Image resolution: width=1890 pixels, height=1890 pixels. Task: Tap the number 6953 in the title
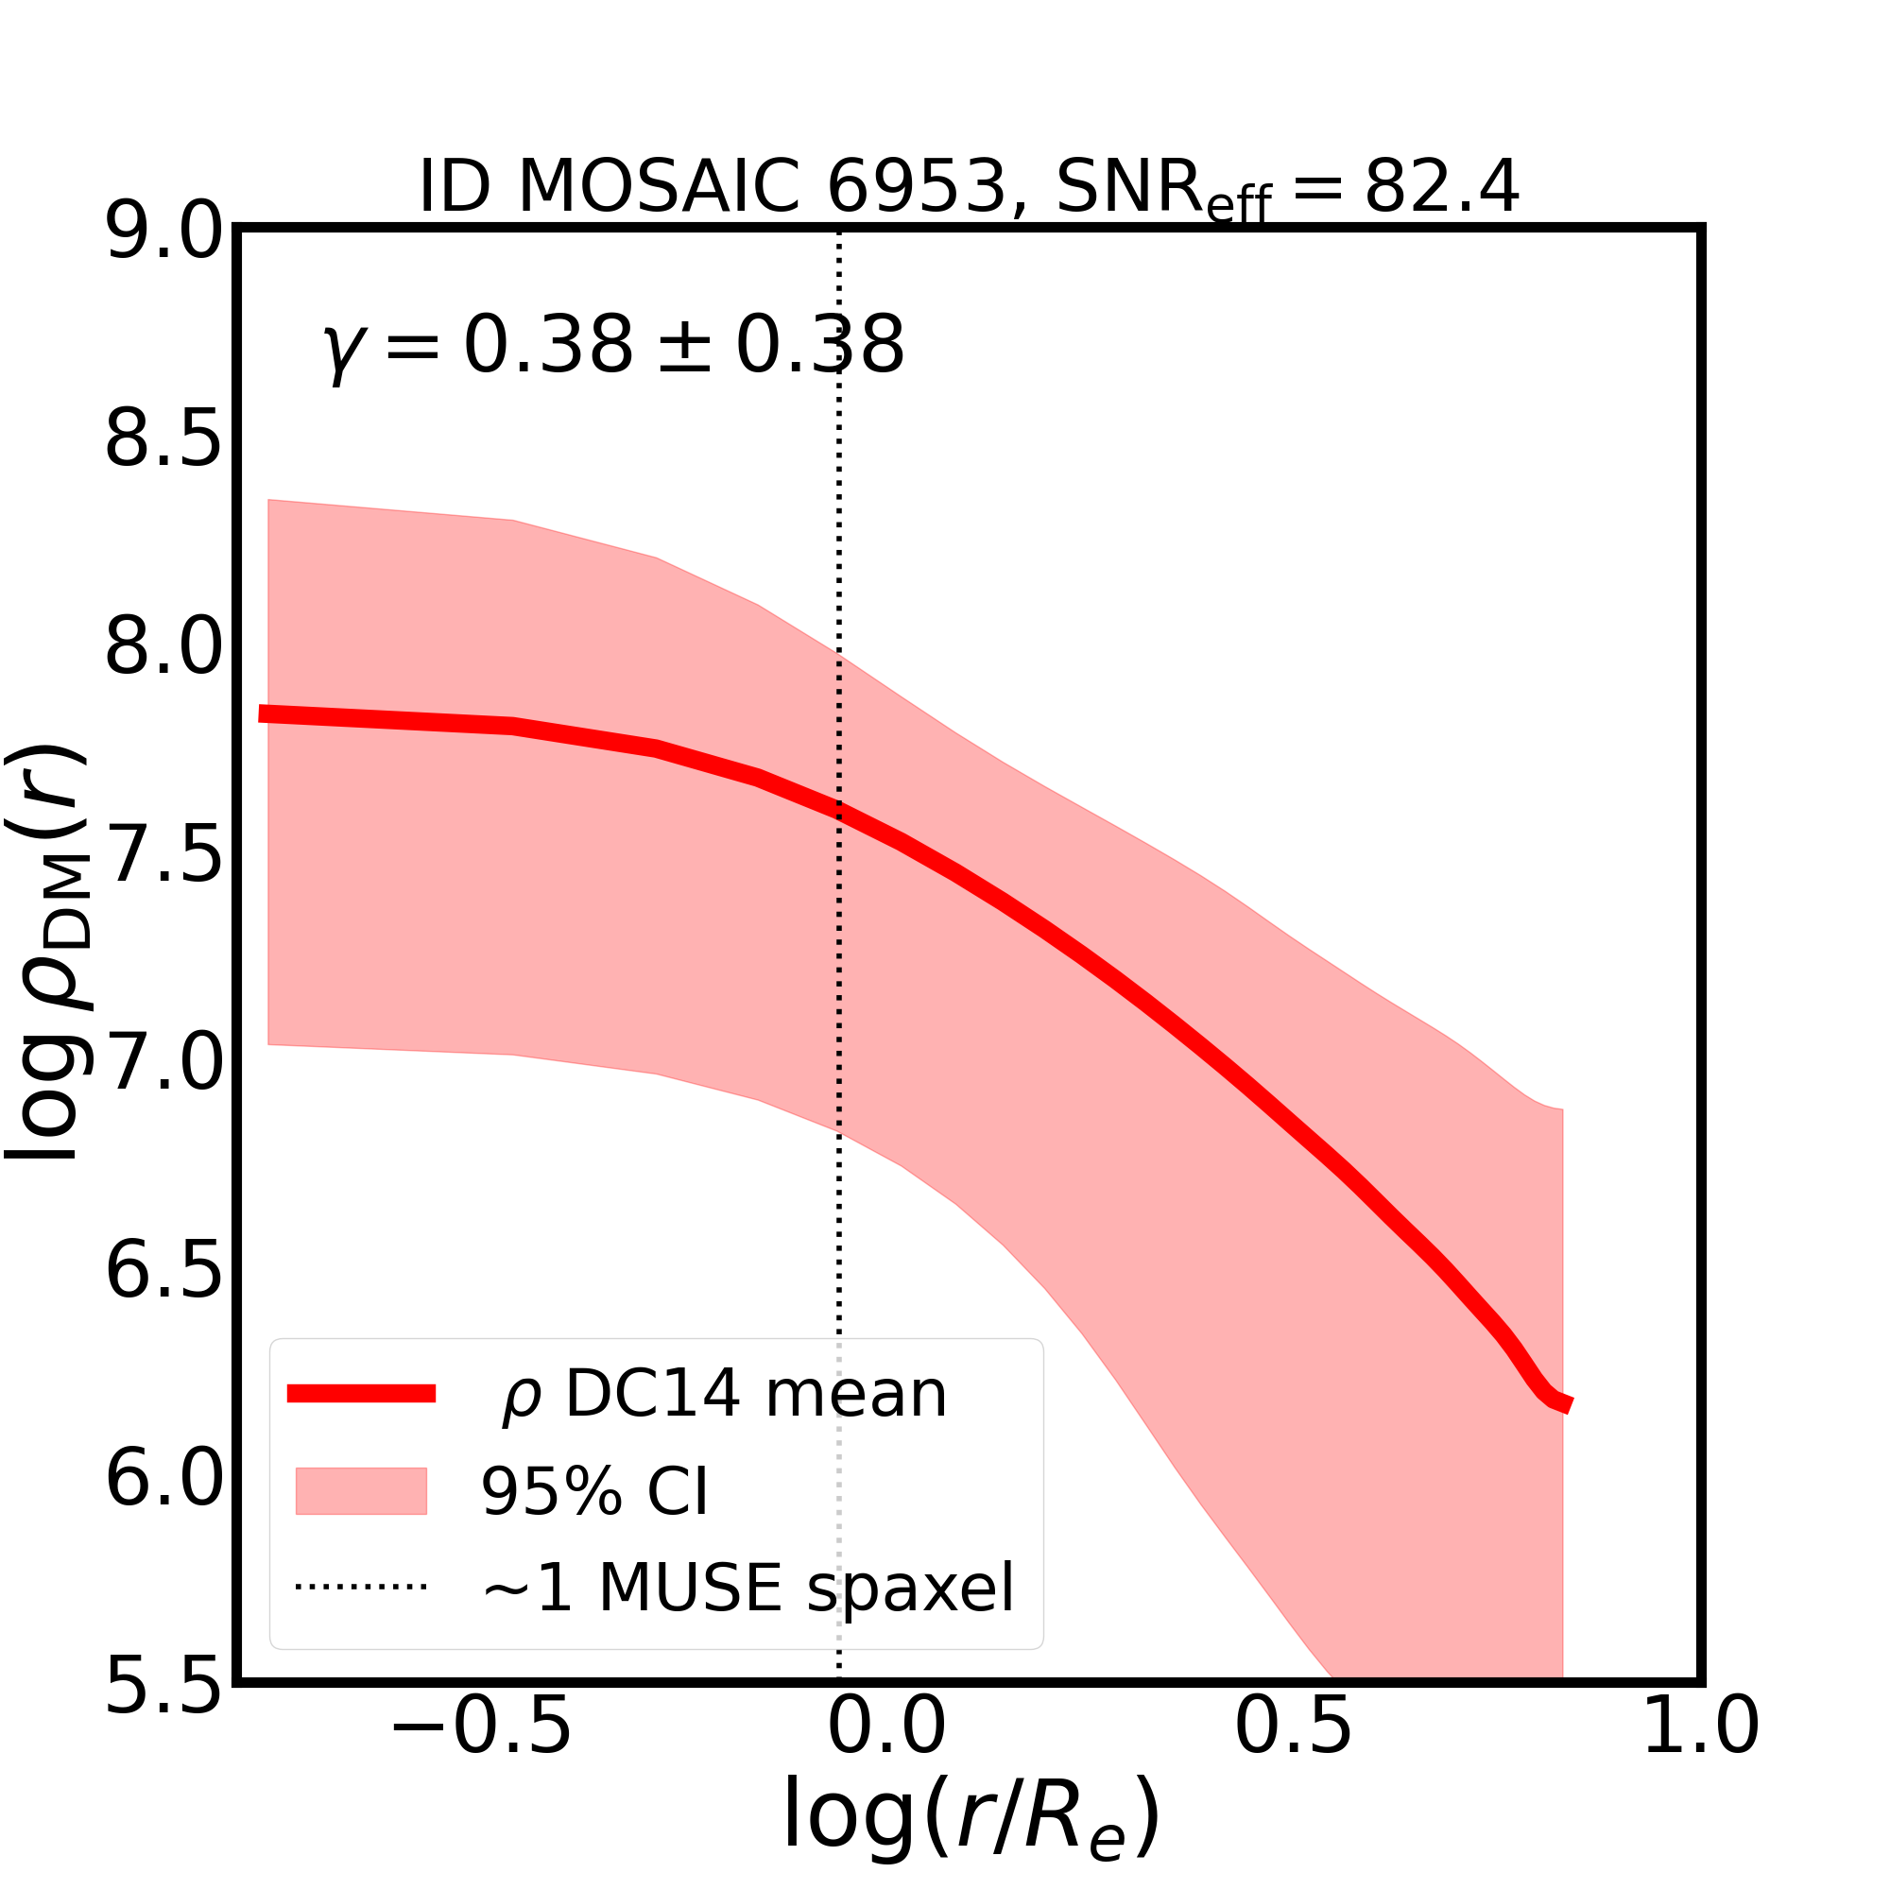point(917,186)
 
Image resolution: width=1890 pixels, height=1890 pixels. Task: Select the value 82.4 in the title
point(1441,186)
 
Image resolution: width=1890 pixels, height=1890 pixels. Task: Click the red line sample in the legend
point(361,1394)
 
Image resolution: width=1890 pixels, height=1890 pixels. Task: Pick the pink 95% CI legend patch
point(361,1491)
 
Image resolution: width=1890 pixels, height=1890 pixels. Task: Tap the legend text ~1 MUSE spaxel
point(748,1588)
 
